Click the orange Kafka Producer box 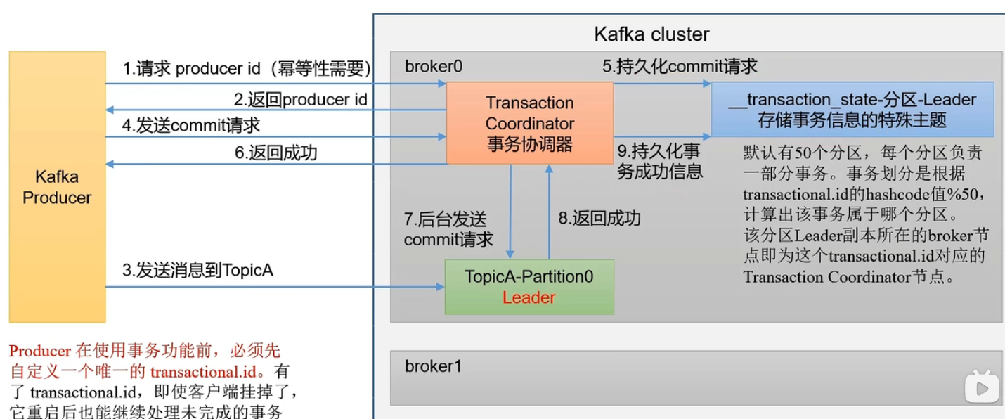(x=57, y=187)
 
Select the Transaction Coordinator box (x=530, y=123)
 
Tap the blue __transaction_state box (x=852, y=110)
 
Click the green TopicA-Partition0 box (x=529, y=286)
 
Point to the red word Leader (x=529, y=297)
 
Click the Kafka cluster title (x=651, y=34)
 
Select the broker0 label (x=434, y=67)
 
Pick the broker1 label (x=433, y=366)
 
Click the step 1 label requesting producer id (x=247, y=68)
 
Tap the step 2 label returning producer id (x=300, y=99)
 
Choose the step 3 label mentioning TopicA (x=197, y=270)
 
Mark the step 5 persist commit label (x=679, y=66)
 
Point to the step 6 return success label (x=275, y=153)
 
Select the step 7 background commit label (x=448, y=229)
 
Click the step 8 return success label (x=599, y=218)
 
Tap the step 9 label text (x=659, y=161)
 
